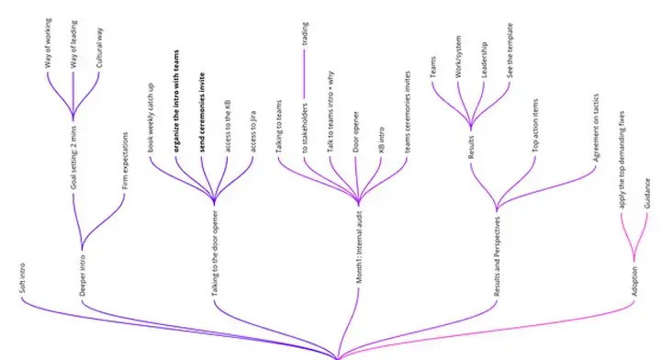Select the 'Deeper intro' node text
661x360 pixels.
tap(82, 273)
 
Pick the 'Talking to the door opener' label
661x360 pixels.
tap(214, 252)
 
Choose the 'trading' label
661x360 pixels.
tap(305, 33)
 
